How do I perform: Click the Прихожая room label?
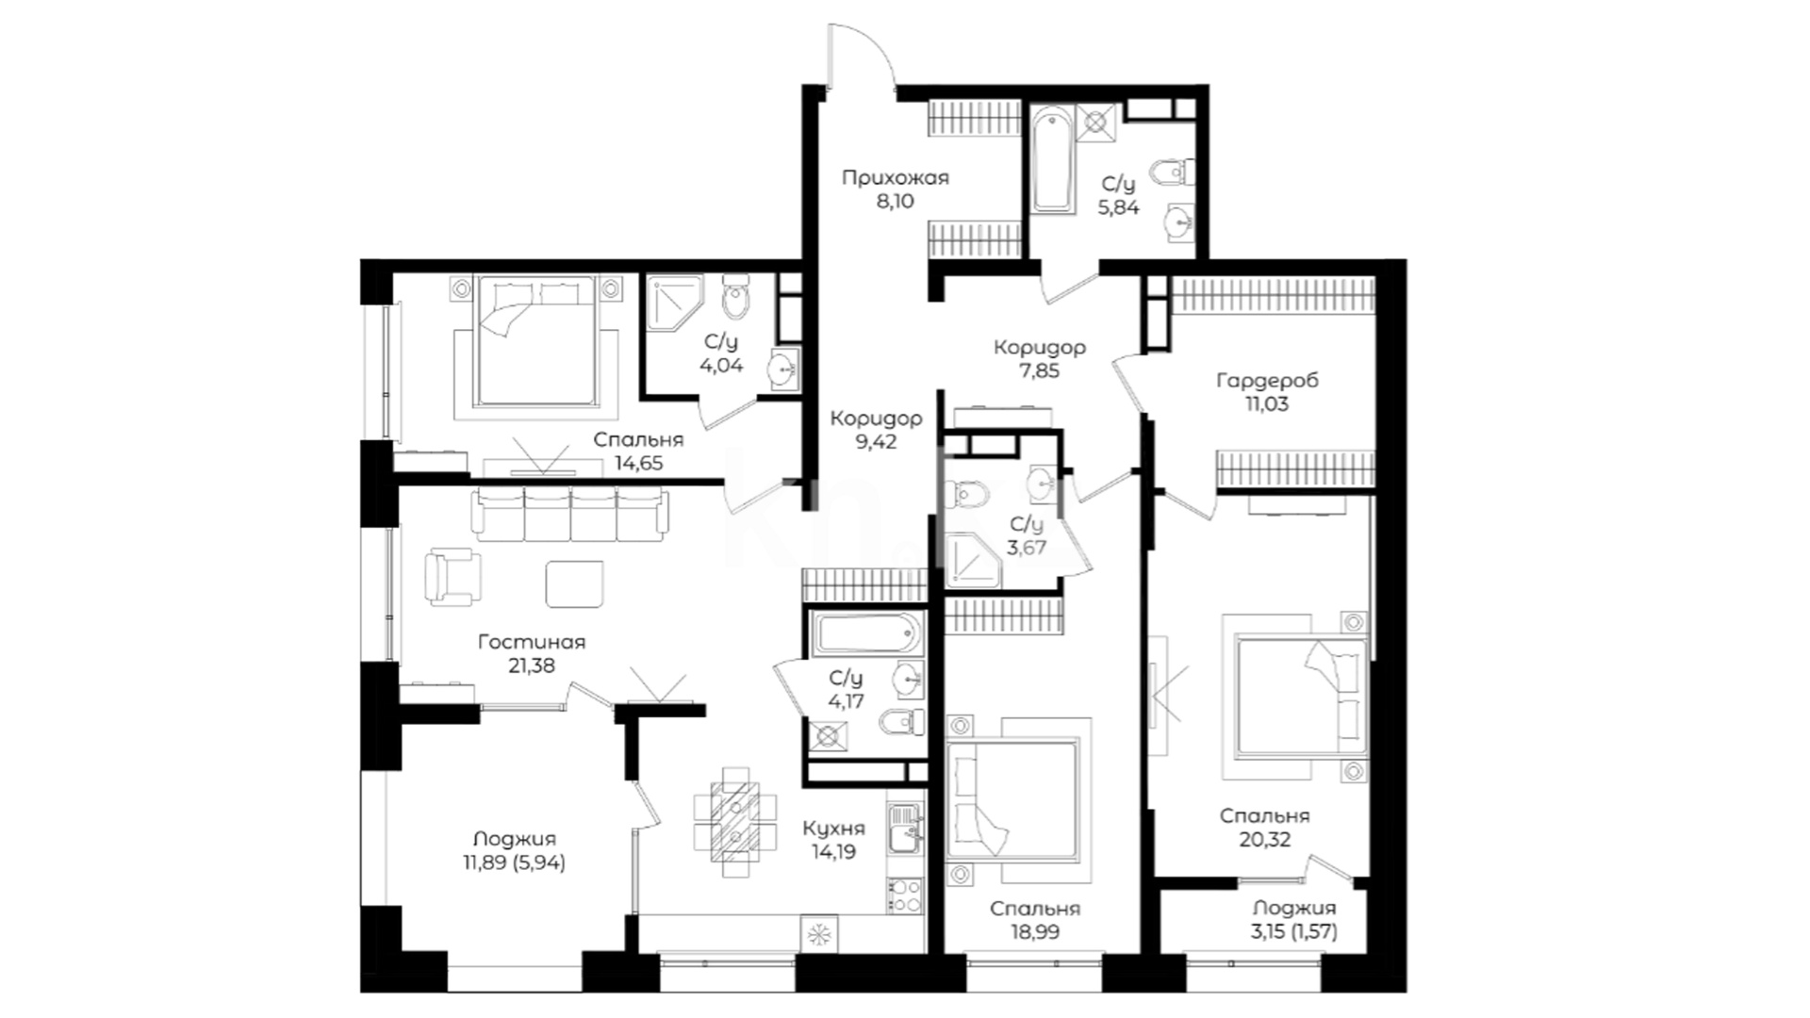pos(895,177)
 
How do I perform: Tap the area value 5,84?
pos(1118,208)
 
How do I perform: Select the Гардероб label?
pos(1267,381)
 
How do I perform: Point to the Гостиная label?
pos(531,642)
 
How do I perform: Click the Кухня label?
pos(834,829)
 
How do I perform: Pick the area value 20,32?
pos(1265,840)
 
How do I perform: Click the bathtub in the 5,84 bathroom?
pos(1051,160)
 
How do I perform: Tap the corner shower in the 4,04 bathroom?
pos(675,302)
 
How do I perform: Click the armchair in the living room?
pos(452,578)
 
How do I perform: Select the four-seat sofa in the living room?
pos(571,514)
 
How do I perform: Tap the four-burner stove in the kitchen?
pos(905,895)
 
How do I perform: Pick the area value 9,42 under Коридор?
pos(877,441)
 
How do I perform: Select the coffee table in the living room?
pos(575,583)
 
